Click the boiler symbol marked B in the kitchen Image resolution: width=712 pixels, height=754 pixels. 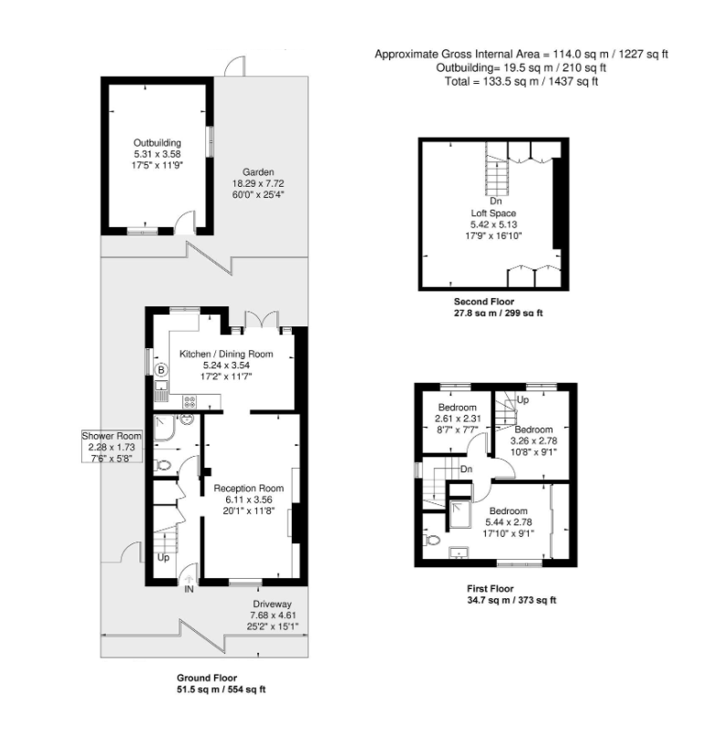coord(161,370)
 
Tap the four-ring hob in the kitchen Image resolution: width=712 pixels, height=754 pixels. coord(190,400)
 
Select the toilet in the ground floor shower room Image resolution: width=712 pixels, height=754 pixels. coord(164,464)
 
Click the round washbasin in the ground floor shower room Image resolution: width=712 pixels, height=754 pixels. coord(186,419)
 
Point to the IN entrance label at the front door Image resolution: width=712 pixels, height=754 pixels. coord(189,590)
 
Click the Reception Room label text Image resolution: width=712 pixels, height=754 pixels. coord(249,489)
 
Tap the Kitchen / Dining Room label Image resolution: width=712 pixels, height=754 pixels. coord(225,353)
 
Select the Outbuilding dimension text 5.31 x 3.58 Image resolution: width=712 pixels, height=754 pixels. coord(157,154)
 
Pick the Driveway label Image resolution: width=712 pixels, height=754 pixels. coord(272,604)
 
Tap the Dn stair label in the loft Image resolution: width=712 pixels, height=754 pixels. coord(495,201)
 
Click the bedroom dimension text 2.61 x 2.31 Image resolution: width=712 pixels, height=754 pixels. coord(458,418)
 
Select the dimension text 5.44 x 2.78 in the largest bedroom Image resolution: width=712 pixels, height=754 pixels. coord(509,522)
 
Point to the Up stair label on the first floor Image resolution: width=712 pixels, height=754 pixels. coord(522,400)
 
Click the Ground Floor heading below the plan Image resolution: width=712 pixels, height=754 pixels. coord(206,678)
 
